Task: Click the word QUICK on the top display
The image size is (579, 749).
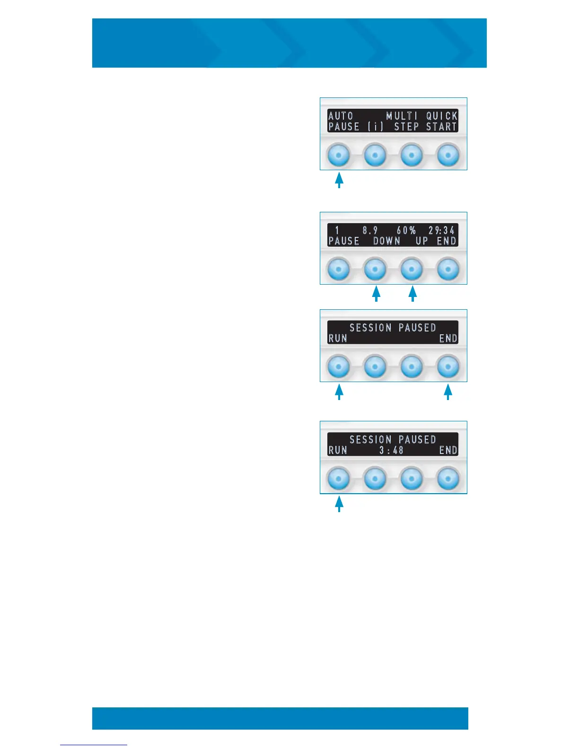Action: click(442, 116)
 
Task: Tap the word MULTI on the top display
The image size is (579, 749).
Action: click(402, 116)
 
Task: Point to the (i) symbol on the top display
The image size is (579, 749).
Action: click(376, 127)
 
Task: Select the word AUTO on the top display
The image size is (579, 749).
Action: click(341, 116)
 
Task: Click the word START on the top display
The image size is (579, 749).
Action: click(442, 127)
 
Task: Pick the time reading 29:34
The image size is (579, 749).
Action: click(442, 230)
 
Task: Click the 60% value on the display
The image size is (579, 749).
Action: click(406, 230)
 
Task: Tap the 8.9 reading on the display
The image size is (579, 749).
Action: click(370, 230)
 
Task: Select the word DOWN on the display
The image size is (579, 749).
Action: click(386, 241)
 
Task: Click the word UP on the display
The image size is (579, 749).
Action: click(422, 241)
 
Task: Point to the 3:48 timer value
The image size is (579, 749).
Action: click(392, 450)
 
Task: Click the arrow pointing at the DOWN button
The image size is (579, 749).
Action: click(376, 294)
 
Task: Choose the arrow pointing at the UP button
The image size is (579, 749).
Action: click(412, 294)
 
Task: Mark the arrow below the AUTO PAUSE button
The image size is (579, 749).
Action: click(339, 181)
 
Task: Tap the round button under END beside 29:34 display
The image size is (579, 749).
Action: click(448, 269)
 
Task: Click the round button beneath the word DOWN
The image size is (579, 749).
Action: click(375, 269)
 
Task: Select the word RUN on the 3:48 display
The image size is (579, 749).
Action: click(338, 450)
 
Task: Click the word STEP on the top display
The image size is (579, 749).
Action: click(407, 127)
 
